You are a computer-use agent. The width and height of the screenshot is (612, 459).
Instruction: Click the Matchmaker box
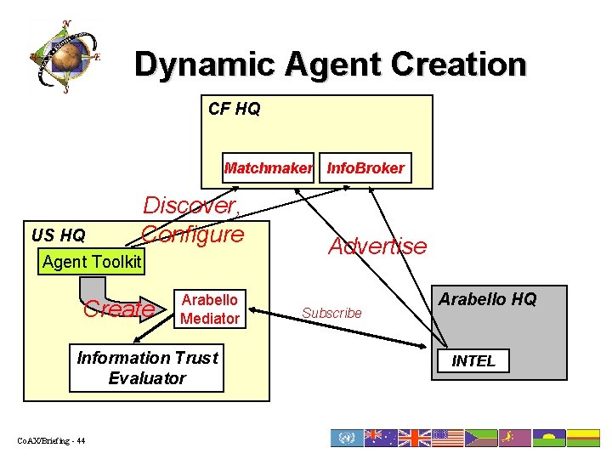pyautogui.click(x=267, y=168)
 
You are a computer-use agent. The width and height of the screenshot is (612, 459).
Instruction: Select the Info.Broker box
pyautogui.click(x=365, y=168)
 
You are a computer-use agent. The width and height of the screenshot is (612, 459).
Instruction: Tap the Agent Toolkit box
pyautogui.click(x=92, y=261)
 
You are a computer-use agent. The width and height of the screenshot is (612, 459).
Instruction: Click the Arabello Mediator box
pyautogui.click(x=210, y=309)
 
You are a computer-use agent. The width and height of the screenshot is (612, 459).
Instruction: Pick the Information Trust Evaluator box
pyautogui.click(x=147, y=368)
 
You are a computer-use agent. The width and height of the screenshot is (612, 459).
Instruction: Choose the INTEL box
pyautogui.click(x=473, y=360)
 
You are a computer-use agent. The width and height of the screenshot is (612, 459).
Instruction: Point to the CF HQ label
pyautogui.click(x=235, y=109)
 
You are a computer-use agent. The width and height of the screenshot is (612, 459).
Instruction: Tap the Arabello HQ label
pyautogui.click(x=487, y=299)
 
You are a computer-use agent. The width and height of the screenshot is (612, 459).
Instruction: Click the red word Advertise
pyautogui.click(x=377, y=246)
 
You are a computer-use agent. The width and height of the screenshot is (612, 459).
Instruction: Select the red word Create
pyautogui.click(x=118, y=309)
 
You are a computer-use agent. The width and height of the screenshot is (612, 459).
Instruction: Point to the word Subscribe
pyautogui.click(x=331, y=313)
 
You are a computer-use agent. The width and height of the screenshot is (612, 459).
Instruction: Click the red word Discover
pyautogui.click(x=192, y=206)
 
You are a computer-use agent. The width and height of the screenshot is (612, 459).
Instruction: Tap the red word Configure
pyautogui.click(x=193, y=233)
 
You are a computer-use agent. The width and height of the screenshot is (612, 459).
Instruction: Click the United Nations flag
pyautogui.click(x=346, y=438)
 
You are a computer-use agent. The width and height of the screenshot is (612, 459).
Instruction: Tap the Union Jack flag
pyautogui.click(x=414, y=438)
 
